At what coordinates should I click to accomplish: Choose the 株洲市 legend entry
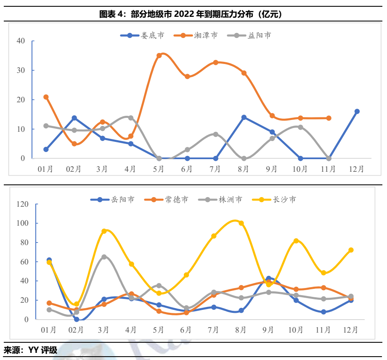[221, 199]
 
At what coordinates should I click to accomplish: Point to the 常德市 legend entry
[167, 199]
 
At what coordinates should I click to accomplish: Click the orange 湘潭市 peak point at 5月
[159, 56]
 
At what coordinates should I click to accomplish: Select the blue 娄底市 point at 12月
[357, 112]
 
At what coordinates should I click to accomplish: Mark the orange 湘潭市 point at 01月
[46, 97]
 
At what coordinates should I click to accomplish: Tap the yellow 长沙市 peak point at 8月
[241, 223]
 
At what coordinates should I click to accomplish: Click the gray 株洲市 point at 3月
[104, 257]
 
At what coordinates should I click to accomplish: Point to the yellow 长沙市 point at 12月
[351, 250]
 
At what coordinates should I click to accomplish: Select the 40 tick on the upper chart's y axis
[21, 41]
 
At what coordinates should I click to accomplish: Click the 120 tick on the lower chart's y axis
[21, 204]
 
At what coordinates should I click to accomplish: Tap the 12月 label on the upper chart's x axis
[357, 169]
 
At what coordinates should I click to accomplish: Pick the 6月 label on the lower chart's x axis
[186, 330]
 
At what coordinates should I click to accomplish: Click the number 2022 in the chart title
[183, 14]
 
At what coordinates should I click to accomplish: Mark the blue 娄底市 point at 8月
[244, 117]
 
